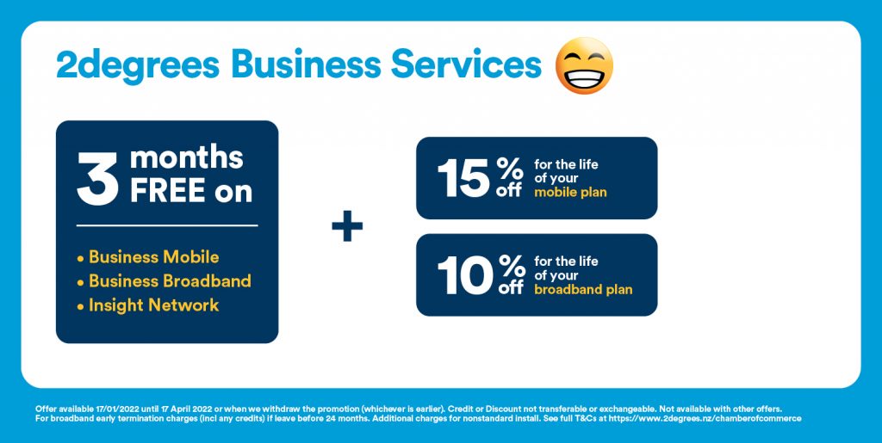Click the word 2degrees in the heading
point(138,65)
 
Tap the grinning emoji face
point(584,65)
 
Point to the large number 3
point(98,179)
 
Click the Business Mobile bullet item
point(148,257)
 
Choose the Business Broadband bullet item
point(164,280)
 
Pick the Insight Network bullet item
point(148,305)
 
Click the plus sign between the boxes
point(347,226)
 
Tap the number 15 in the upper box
point(463,178)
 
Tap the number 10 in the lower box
point(465,275)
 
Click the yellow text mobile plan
point(570,193)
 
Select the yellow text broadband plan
point(583,290)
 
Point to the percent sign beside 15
point(510,168)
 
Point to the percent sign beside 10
point(510,265)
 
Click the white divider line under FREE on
point(167,225)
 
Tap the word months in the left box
point(187,158)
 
